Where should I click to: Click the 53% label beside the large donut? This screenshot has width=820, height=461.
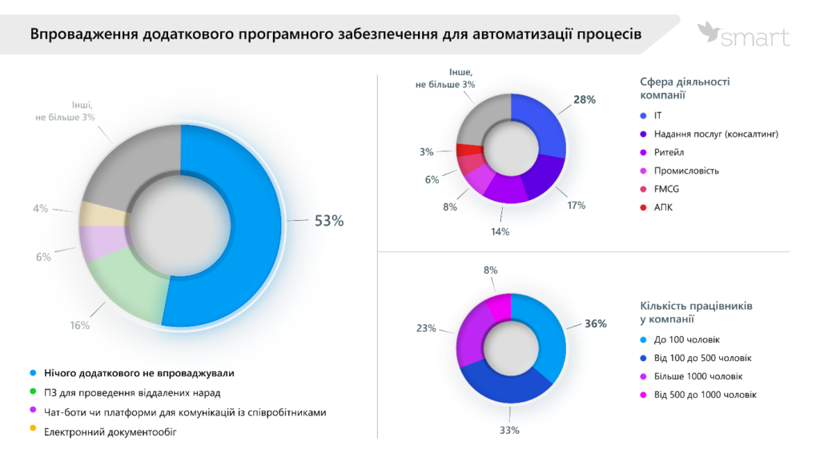(x=329, y=222)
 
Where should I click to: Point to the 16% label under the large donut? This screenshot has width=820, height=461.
(x=79, y=326)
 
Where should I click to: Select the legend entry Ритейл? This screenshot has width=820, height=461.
(x=669, y=152)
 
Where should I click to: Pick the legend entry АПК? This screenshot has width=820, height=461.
(x=663, y=207)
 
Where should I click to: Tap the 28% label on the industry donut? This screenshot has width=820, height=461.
(x=585, y=100)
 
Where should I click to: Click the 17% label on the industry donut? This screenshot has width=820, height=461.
(x=576, y=206)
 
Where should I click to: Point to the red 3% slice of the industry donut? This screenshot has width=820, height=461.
(x=469, y=149)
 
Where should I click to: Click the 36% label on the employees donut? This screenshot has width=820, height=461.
(x=595, y=324)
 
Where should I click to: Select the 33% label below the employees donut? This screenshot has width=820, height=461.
(x=509, y=431)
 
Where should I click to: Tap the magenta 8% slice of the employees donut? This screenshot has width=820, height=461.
(x=498, y=304)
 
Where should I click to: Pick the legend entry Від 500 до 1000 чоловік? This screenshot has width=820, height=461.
(x=705, y=395)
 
